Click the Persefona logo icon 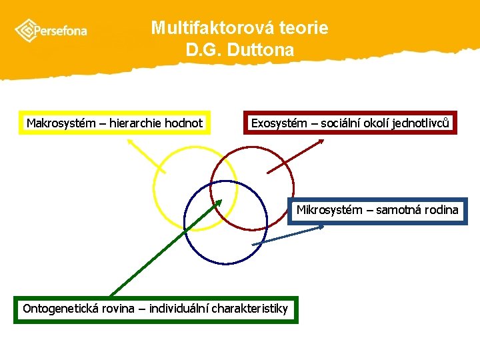tap(25, 30)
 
